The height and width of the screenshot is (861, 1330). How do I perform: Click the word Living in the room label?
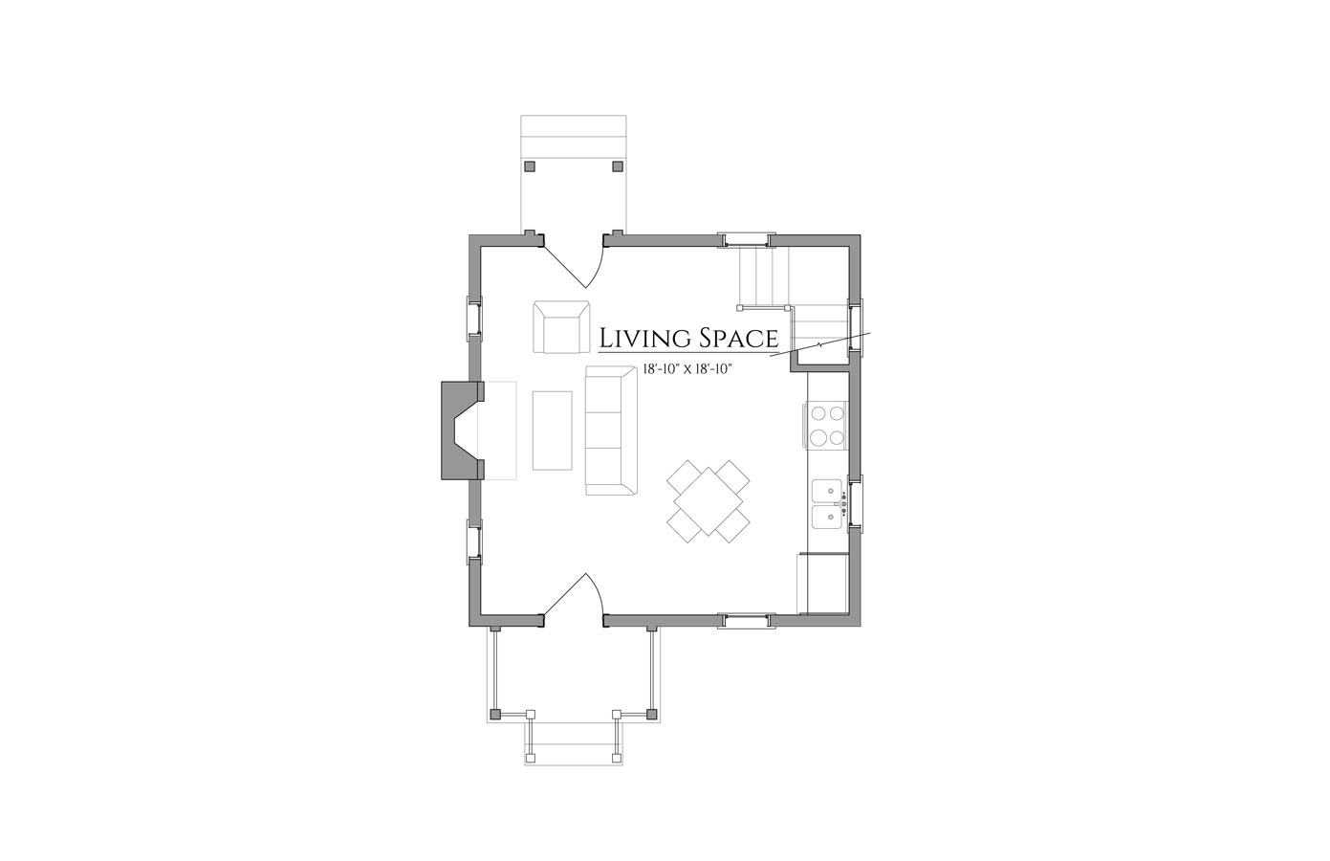click(x=643, y=338)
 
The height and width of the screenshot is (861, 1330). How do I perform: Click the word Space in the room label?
click(x=737, y=338)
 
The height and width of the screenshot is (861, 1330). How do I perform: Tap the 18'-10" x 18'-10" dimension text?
click(x=686, y=369)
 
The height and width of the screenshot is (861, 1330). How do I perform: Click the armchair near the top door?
click(x=561, y=327)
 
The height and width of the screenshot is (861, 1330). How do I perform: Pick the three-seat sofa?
click(x=611, y=430)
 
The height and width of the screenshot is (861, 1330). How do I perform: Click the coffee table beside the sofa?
click(x=553, y=430)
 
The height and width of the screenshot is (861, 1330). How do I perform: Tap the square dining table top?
click(x=708, y=501)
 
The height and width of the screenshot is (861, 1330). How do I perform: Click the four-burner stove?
click(x=825, y=426)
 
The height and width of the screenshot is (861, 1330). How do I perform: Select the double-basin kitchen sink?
click(x=829, y=504)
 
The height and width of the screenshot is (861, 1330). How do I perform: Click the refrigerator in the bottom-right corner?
click(x=821, y=583)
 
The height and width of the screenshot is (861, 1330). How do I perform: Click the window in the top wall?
click(x=747, y=239)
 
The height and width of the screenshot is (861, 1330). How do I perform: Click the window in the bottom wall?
click(x=747, y=621)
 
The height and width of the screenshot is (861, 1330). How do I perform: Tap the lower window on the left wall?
click(x=474, y=541)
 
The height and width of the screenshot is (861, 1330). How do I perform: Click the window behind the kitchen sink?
click(x=855, y=503)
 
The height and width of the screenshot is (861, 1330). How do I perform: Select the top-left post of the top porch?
click(x=530, y=166)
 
